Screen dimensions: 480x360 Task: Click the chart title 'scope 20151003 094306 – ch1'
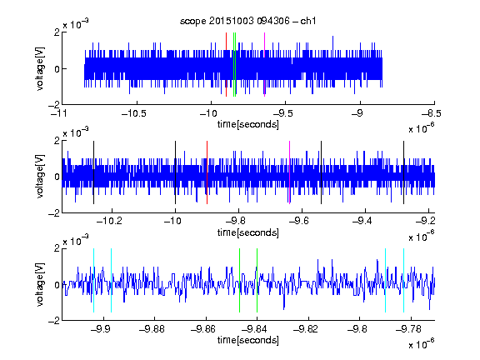pos(248,21)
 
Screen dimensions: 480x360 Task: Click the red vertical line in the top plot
pos(226,65)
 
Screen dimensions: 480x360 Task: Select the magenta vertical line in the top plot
pos(264,65)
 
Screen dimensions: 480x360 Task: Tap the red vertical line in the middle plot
pos(207,172)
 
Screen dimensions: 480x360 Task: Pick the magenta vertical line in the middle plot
pos(290,172)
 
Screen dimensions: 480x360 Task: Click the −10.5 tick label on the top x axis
pos(134,113)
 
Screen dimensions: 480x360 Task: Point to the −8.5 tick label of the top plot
pos(432,113)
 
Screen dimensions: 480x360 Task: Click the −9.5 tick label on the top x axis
pos(282,113)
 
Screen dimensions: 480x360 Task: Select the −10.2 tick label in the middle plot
pos(110,221)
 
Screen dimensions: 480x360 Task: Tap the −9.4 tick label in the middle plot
pos(362,221)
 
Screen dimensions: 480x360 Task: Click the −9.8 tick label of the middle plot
pos(236,221)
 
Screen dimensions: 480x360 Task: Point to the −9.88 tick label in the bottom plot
pos(152,329)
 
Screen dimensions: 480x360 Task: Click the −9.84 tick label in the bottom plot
pos(255,329)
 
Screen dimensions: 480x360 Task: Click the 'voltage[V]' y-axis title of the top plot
pos(40,68)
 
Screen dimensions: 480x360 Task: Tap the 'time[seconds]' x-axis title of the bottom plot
pos(248,340)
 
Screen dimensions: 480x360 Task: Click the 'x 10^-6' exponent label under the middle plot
pos(422,236)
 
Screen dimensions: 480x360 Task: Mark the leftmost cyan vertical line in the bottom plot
pos(93,280)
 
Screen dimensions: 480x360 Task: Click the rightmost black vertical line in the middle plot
pos(403,172)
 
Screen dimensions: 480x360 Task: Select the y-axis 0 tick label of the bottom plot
pos(57,285)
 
